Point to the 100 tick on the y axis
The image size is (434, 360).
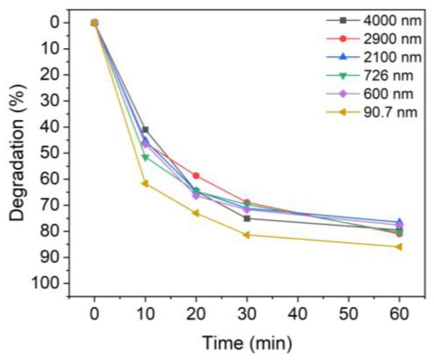(52, 283)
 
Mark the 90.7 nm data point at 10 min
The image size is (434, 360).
(144, 183)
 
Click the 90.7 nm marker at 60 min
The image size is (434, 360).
(399, 247)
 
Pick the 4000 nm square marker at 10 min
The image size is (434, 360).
(145, 130)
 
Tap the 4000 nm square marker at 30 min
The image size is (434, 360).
(246, 219)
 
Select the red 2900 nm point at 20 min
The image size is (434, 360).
(196, 176)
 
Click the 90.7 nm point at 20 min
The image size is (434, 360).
(195, 213)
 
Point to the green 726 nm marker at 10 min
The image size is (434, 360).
(145, 157)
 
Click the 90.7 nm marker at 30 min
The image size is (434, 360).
(246, 235)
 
